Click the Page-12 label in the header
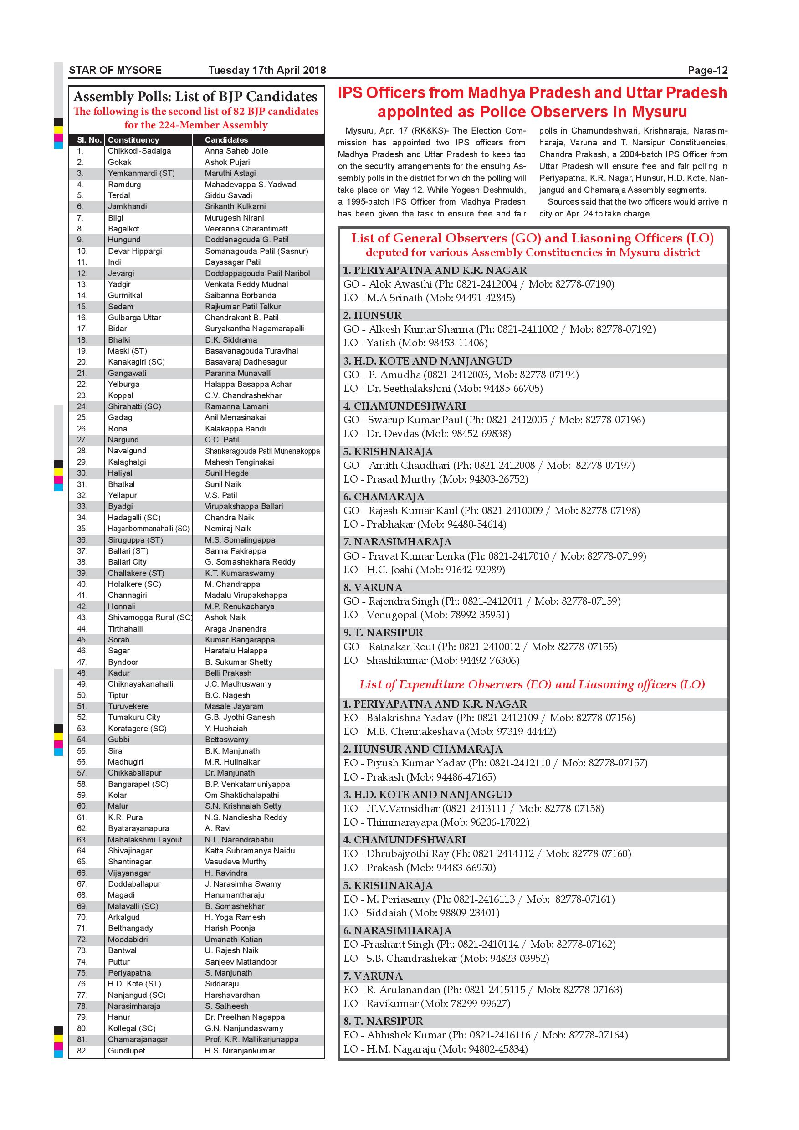707,70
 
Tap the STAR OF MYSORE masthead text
115,70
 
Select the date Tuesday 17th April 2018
266,70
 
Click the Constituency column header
133,140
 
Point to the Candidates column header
226,140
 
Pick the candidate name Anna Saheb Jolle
236,151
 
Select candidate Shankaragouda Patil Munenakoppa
262,451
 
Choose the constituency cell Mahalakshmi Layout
145,840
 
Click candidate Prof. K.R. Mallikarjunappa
251,1039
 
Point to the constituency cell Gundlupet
127,1051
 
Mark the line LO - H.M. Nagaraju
435,1049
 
